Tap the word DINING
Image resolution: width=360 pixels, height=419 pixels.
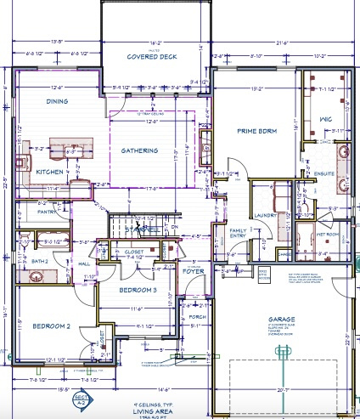[59, 101]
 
